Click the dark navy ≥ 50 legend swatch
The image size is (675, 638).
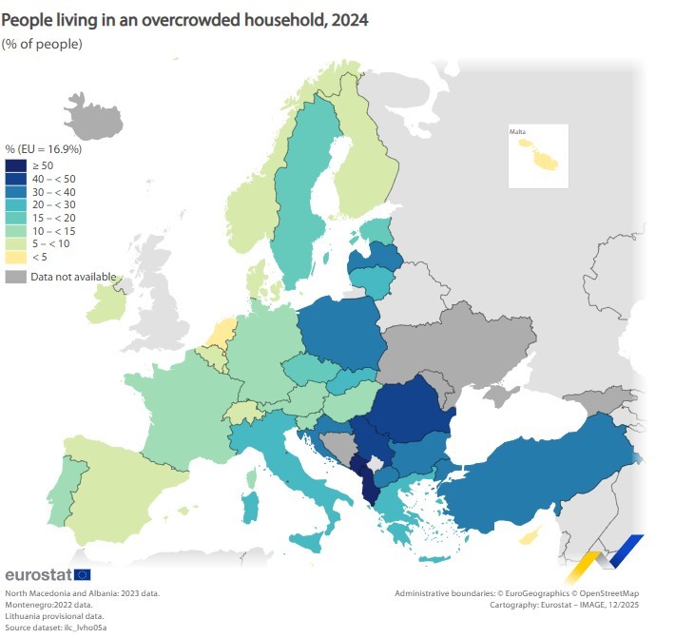pyautogui.click(x=15, y=165)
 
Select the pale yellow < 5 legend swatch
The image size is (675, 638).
pyautogui.click(x=15, y=256)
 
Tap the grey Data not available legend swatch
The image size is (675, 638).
pyautogui.click(x=15, y=277)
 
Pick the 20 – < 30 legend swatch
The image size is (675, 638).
pyautogui.click(x=15, y=204)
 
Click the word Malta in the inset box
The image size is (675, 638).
pyautogui.click(x=517, y=131)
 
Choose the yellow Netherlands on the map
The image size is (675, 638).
pyautogui.click(x=222, y=334)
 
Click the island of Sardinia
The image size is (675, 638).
pyautogui.click(x=251, y=505)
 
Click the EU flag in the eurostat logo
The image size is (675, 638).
pyautogui.click(x=82, y=574)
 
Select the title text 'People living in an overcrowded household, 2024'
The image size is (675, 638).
pyautogui.click(x=186, y=19)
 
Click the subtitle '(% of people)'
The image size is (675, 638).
pyautogui.click(x=42, y=44)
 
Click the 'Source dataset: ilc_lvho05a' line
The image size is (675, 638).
pyautogui.click(x=55, y=628)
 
